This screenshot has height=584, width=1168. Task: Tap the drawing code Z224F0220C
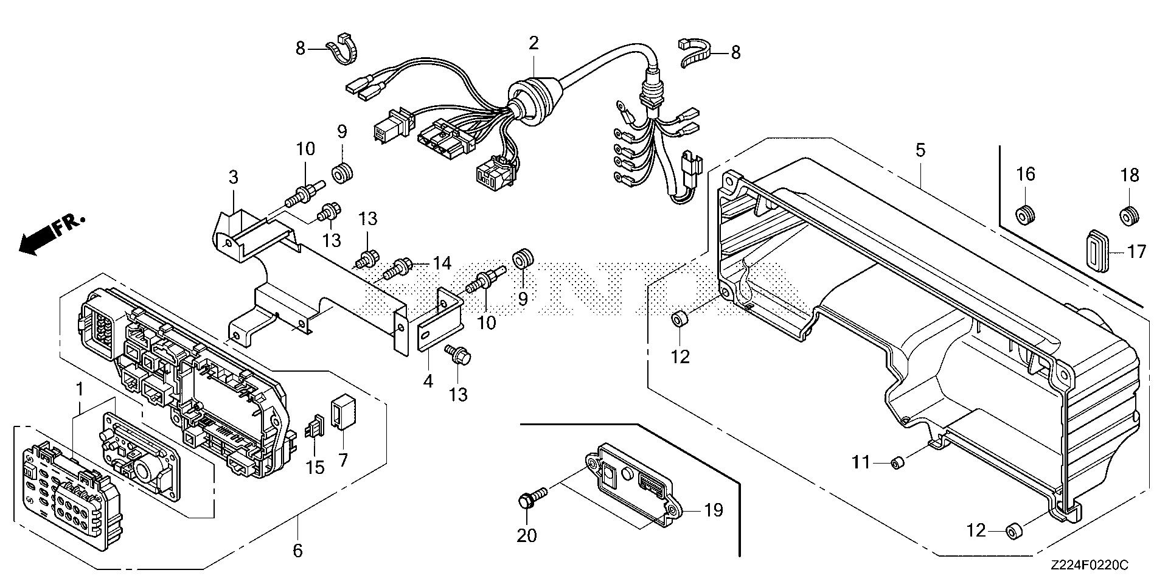[1088, 566]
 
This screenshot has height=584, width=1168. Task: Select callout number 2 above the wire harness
[534, 44]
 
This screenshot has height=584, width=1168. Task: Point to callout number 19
[714, 510]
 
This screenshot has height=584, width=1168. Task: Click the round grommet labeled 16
[1025, 214]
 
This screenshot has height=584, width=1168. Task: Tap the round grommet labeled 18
[1129, 215]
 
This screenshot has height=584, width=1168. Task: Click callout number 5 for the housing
[920, 150]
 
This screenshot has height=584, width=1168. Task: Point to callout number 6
[297, 551]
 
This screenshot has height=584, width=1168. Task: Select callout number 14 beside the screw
[442, 263]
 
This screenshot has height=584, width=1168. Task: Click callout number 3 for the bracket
[233, 178]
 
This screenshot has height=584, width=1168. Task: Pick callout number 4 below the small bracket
[428, 381]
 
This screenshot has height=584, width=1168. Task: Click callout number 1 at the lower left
[78, 388]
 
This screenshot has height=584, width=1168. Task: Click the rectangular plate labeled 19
[632, 478]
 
